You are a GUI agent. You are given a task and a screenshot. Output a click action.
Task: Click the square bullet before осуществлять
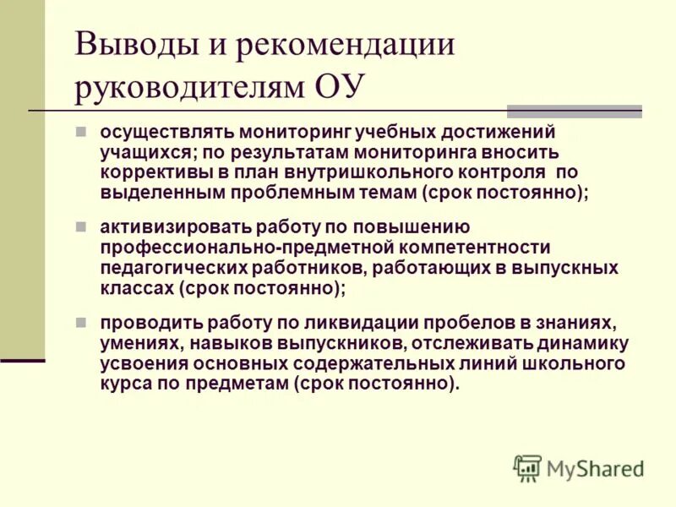(x=81, y=133)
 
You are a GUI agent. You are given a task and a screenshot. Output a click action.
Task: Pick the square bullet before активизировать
(x=81, y=227)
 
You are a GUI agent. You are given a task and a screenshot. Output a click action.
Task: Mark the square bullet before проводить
(x=81, y=323)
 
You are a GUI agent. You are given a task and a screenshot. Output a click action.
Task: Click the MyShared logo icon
(x=527, y=468)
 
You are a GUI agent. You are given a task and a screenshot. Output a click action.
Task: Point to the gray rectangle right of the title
(x=574, y=111)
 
